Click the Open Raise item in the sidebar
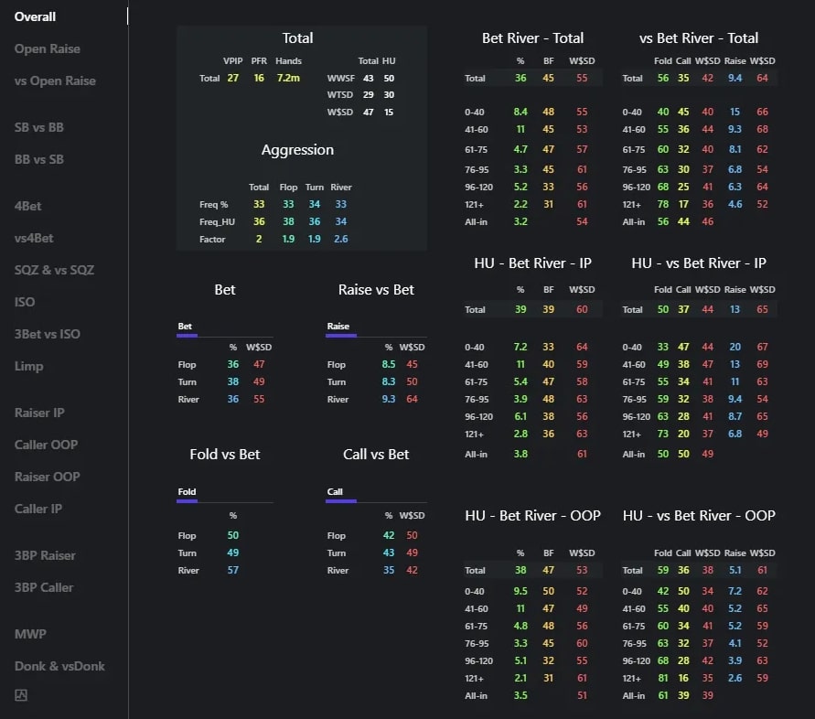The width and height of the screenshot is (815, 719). tap(48, 48)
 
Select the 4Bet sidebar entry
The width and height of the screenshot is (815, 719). tap(28, 206)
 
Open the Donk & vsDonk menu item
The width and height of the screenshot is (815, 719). tap(59, 666)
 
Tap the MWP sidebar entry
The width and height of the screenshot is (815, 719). tap(30, 634)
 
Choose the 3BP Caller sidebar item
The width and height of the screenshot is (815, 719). tap(44, 587)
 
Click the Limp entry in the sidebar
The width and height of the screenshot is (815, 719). tap(28, 366)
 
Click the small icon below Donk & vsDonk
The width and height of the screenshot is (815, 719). tap(21, 695)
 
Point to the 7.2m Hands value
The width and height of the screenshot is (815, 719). tap(288, 79)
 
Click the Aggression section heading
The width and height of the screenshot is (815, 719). tap(297, 150)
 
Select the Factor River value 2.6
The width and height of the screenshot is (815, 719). tap(341, 240)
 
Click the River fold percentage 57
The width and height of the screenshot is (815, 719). tap(233, 571)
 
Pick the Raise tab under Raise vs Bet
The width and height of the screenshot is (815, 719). tap(338, 327)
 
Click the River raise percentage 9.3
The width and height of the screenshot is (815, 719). tap(387, 400)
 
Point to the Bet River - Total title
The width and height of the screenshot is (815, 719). tap(532, 38)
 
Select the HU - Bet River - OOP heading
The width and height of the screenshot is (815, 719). tap(532, 516)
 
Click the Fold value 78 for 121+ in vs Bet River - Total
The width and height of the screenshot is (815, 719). tap(663, 204)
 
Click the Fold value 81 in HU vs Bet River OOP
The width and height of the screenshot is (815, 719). tap(663, 679)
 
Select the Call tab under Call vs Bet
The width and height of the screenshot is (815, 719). tap(336, 492)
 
